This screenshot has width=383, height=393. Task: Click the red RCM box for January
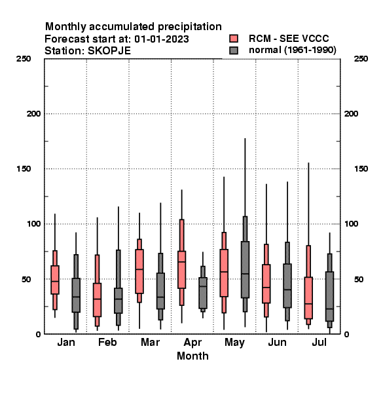pyautogui.click(x=55, y=280)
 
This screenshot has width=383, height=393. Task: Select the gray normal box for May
pyautogui.click(x=245, y=270)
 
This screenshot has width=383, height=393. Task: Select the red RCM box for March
pyautogui.click(x=139, y=271)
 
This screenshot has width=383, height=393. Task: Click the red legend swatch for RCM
pyautogui.click(x=234, y=39)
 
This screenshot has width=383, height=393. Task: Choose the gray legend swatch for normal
pyautogui.click(x=234, y=50)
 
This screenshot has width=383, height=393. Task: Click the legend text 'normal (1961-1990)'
pyautogui.click(x=293, y=50)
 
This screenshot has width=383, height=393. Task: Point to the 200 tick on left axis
pyautogui.click(x=33, y=114)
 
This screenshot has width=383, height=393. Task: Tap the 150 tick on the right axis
pyautogui.click(x=361, y=169)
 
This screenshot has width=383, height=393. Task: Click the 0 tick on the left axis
pyautogui.click(x=38, y=334)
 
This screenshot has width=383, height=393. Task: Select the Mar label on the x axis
pyautogui.click(x=150, y=342)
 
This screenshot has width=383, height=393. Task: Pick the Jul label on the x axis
pyautogui.click(x=319, y=342)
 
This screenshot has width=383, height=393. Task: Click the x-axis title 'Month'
pyautogui.click(x=192, y=356)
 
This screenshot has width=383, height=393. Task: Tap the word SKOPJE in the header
pyautogui.click(x=109, y=51)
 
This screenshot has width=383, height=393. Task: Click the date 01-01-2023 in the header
pyautogui.click(x=162, y=39)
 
